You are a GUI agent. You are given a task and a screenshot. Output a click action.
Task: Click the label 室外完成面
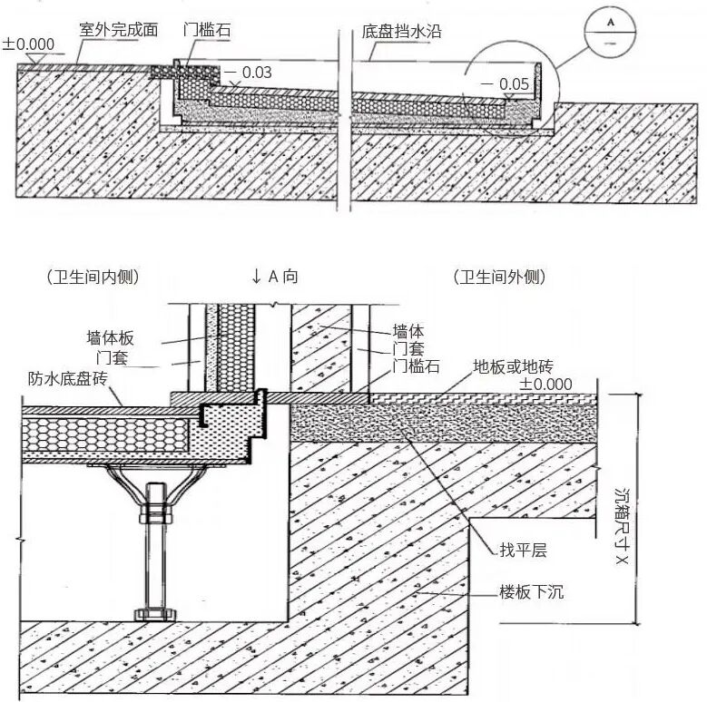pyautogui.click(x=118, y=29)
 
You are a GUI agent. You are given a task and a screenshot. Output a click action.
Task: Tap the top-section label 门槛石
pyautogui.click(x=206, y=29)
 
